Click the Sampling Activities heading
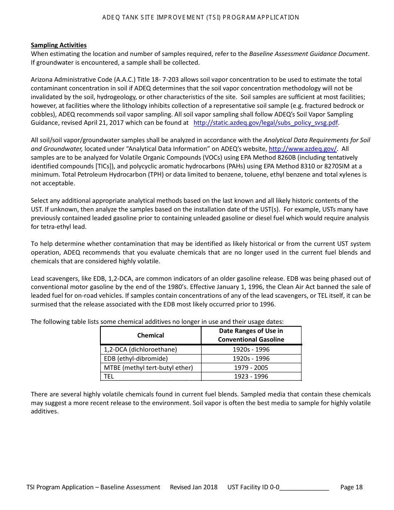[x=58, y=45]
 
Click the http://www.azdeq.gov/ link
[x=303, y=149]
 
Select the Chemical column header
[x=151, y=335]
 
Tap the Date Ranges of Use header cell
[x=251, y=335]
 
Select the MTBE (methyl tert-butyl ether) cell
[x=148, y=368]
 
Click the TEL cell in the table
[x=109, y=376]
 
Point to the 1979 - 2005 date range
[x=251, y=368]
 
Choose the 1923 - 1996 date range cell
[x=251, y=376]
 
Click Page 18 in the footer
[x=351, y=487]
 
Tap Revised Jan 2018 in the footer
[x=193, y=487]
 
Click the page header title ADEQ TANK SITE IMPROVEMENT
[x=200, y=17]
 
